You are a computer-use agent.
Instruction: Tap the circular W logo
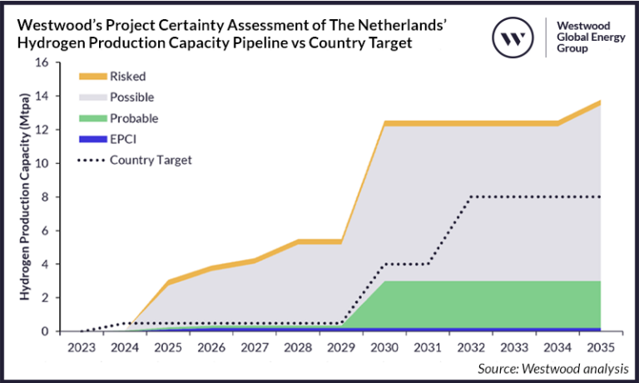513,36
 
